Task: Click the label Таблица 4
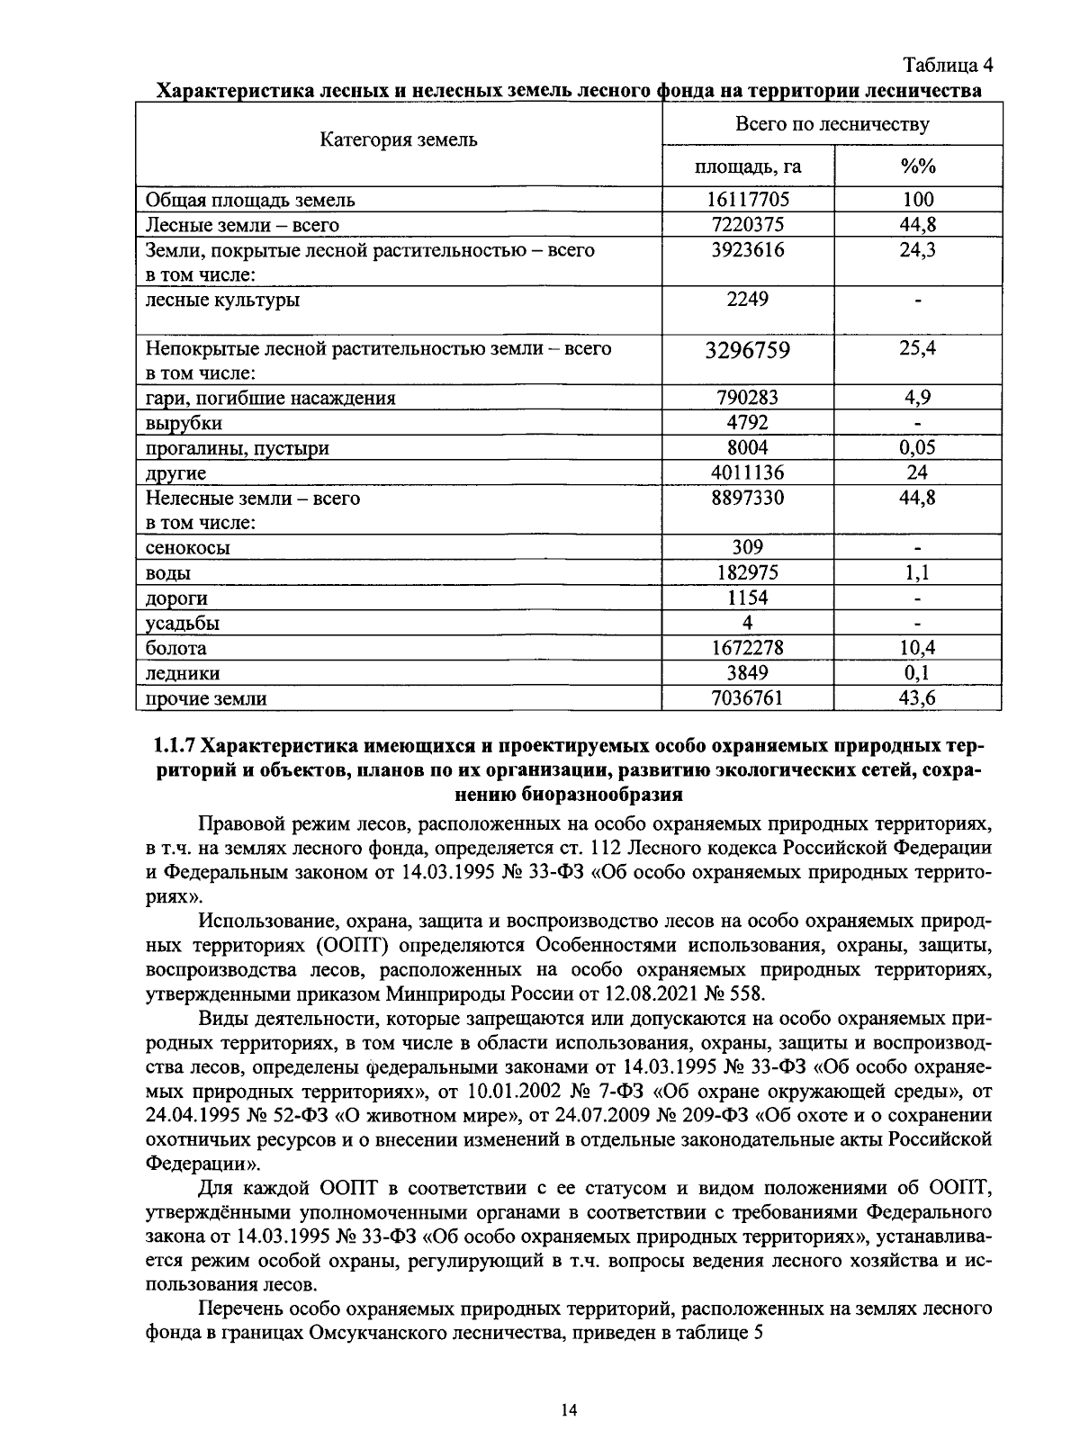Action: point(948,66)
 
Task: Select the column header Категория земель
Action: point(399,140)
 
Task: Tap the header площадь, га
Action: point(747,166)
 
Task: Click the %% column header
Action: point(917,166)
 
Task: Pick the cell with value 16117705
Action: point(747,199)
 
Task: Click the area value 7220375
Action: point(747,224)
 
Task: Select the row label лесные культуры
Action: point(222,300)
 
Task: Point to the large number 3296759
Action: point(747,350)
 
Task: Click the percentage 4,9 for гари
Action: point(917,397)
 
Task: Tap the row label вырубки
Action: point(184,423)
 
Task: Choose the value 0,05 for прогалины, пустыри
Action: point(917,447)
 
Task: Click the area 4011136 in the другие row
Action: point(747,472)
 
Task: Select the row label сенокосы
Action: point(187,547)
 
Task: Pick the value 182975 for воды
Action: point(747,572)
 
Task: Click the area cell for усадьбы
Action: point(747,623)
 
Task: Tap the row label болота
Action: point(175,648)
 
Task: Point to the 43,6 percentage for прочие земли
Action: point(917,698)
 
